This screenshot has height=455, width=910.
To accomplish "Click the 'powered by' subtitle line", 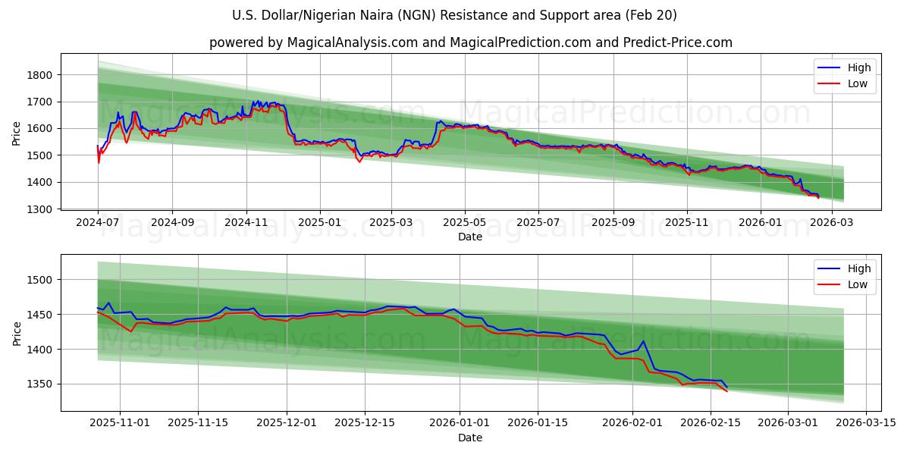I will pyautogui.click(x=470, y=42).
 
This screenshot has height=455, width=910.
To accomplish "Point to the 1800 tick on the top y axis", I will pyautogui.click(x=39, y=75).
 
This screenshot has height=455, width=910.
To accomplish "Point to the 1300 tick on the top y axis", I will pyautogui.click(x=39, y=209).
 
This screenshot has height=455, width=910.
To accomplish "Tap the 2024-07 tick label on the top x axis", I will pyautogui.click(x=98, y=223).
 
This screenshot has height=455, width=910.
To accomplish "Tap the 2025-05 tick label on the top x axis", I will pyautogui.click(x=465, y=223).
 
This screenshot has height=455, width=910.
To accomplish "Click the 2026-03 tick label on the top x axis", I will pyautogui.click(x=832, y=223).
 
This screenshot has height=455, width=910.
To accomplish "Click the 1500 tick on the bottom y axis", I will pyautogui.click(x=39, y=280).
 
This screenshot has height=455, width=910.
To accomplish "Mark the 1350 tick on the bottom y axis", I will pyautogui.click(x=39, y=384).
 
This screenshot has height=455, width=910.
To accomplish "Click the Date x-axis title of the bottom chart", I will pyautogui.click(x=470, y=438).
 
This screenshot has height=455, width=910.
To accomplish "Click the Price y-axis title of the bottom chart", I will pyautogui.click(x=17, y=333).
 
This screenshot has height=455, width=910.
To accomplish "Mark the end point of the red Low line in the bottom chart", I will pyautogui.click(x=726, y=391).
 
